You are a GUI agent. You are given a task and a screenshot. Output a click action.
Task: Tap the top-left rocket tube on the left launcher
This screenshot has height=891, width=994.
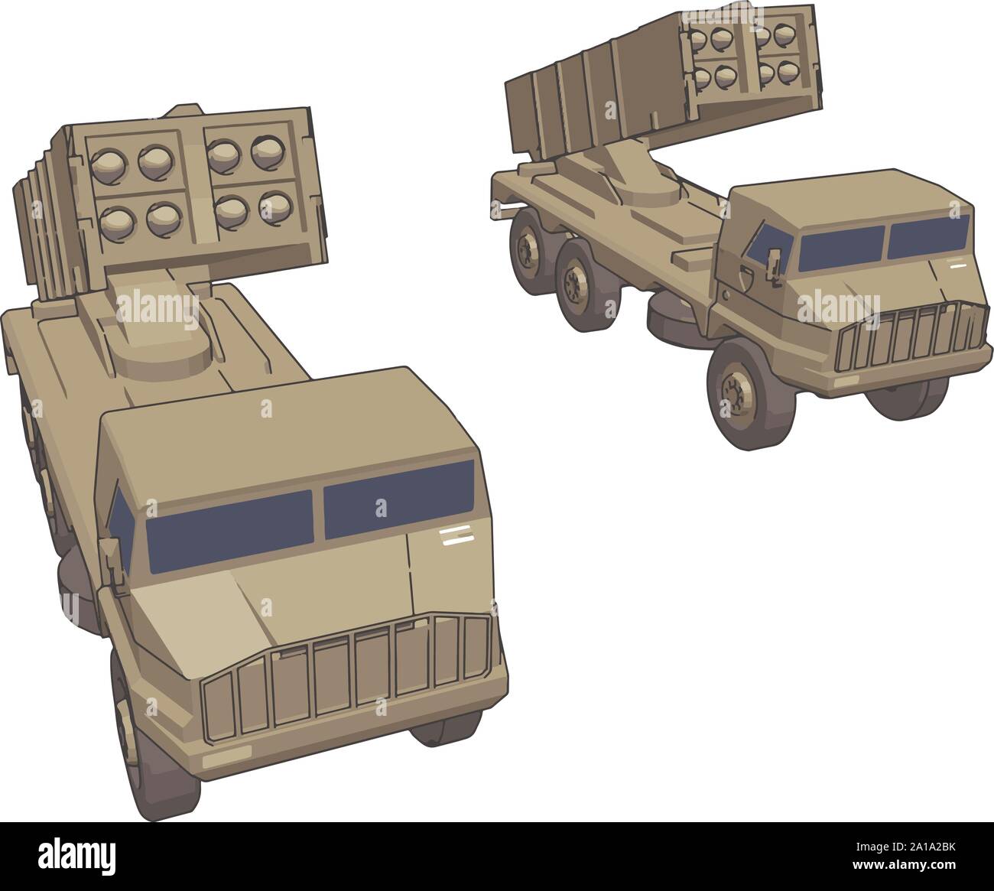(x=108, y=161)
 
